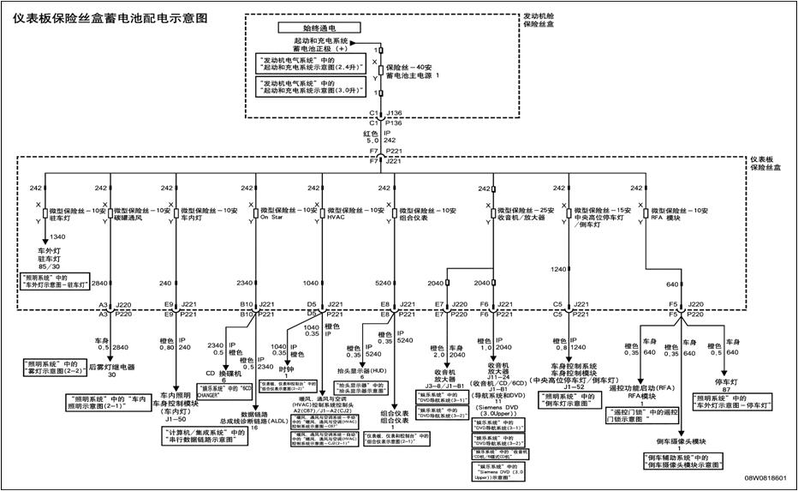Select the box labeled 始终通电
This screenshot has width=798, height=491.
(x=320, y=27)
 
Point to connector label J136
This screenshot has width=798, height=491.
(x=395, y=112)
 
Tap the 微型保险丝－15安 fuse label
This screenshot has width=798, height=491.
(x=603, y=210)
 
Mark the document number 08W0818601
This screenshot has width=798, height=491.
(x=765, y=476)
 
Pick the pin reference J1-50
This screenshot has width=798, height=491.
(x=175, y=419)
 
